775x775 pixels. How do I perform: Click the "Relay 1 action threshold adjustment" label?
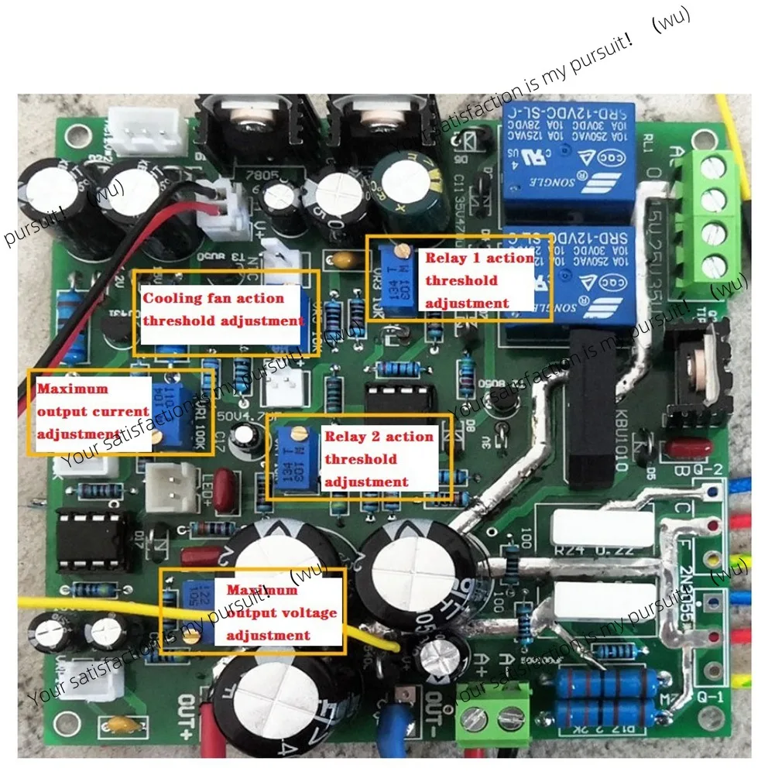coord(478,279)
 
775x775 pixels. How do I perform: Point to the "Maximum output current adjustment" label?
coord(91,412)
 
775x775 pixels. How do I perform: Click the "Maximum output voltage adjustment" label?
coord(281,612)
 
